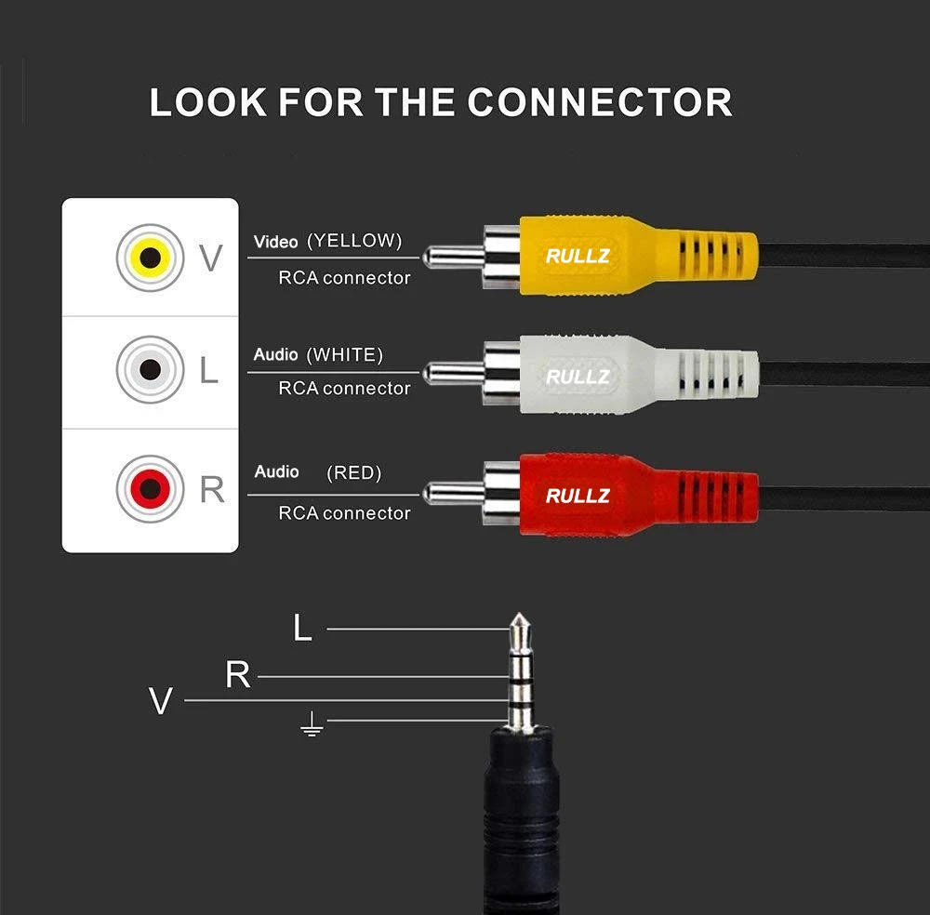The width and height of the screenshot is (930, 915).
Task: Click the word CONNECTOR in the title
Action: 600,102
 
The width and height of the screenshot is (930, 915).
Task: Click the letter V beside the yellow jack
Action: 211,259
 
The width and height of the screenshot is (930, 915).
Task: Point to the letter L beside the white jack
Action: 209,371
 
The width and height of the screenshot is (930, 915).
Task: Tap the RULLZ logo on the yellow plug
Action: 578,256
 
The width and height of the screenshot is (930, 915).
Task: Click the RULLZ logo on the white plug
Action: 578,377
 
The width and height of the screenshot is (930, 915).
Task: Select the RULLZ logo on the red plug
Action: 578,496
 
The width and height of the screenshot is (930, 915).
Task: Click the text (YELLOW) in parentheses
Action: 354,241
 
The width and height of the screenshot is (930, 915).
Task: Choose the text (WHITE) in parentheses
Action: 345,354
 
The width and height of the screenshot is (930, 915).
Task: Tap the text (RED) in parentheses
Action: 354,473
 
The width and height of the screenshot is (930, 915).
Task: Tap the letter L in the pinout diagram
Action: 302,630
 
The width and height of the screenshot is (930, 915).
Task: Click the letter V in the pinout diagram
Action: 161,701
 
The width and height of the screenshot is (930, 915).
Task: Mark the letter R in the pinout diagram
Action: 238,676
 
